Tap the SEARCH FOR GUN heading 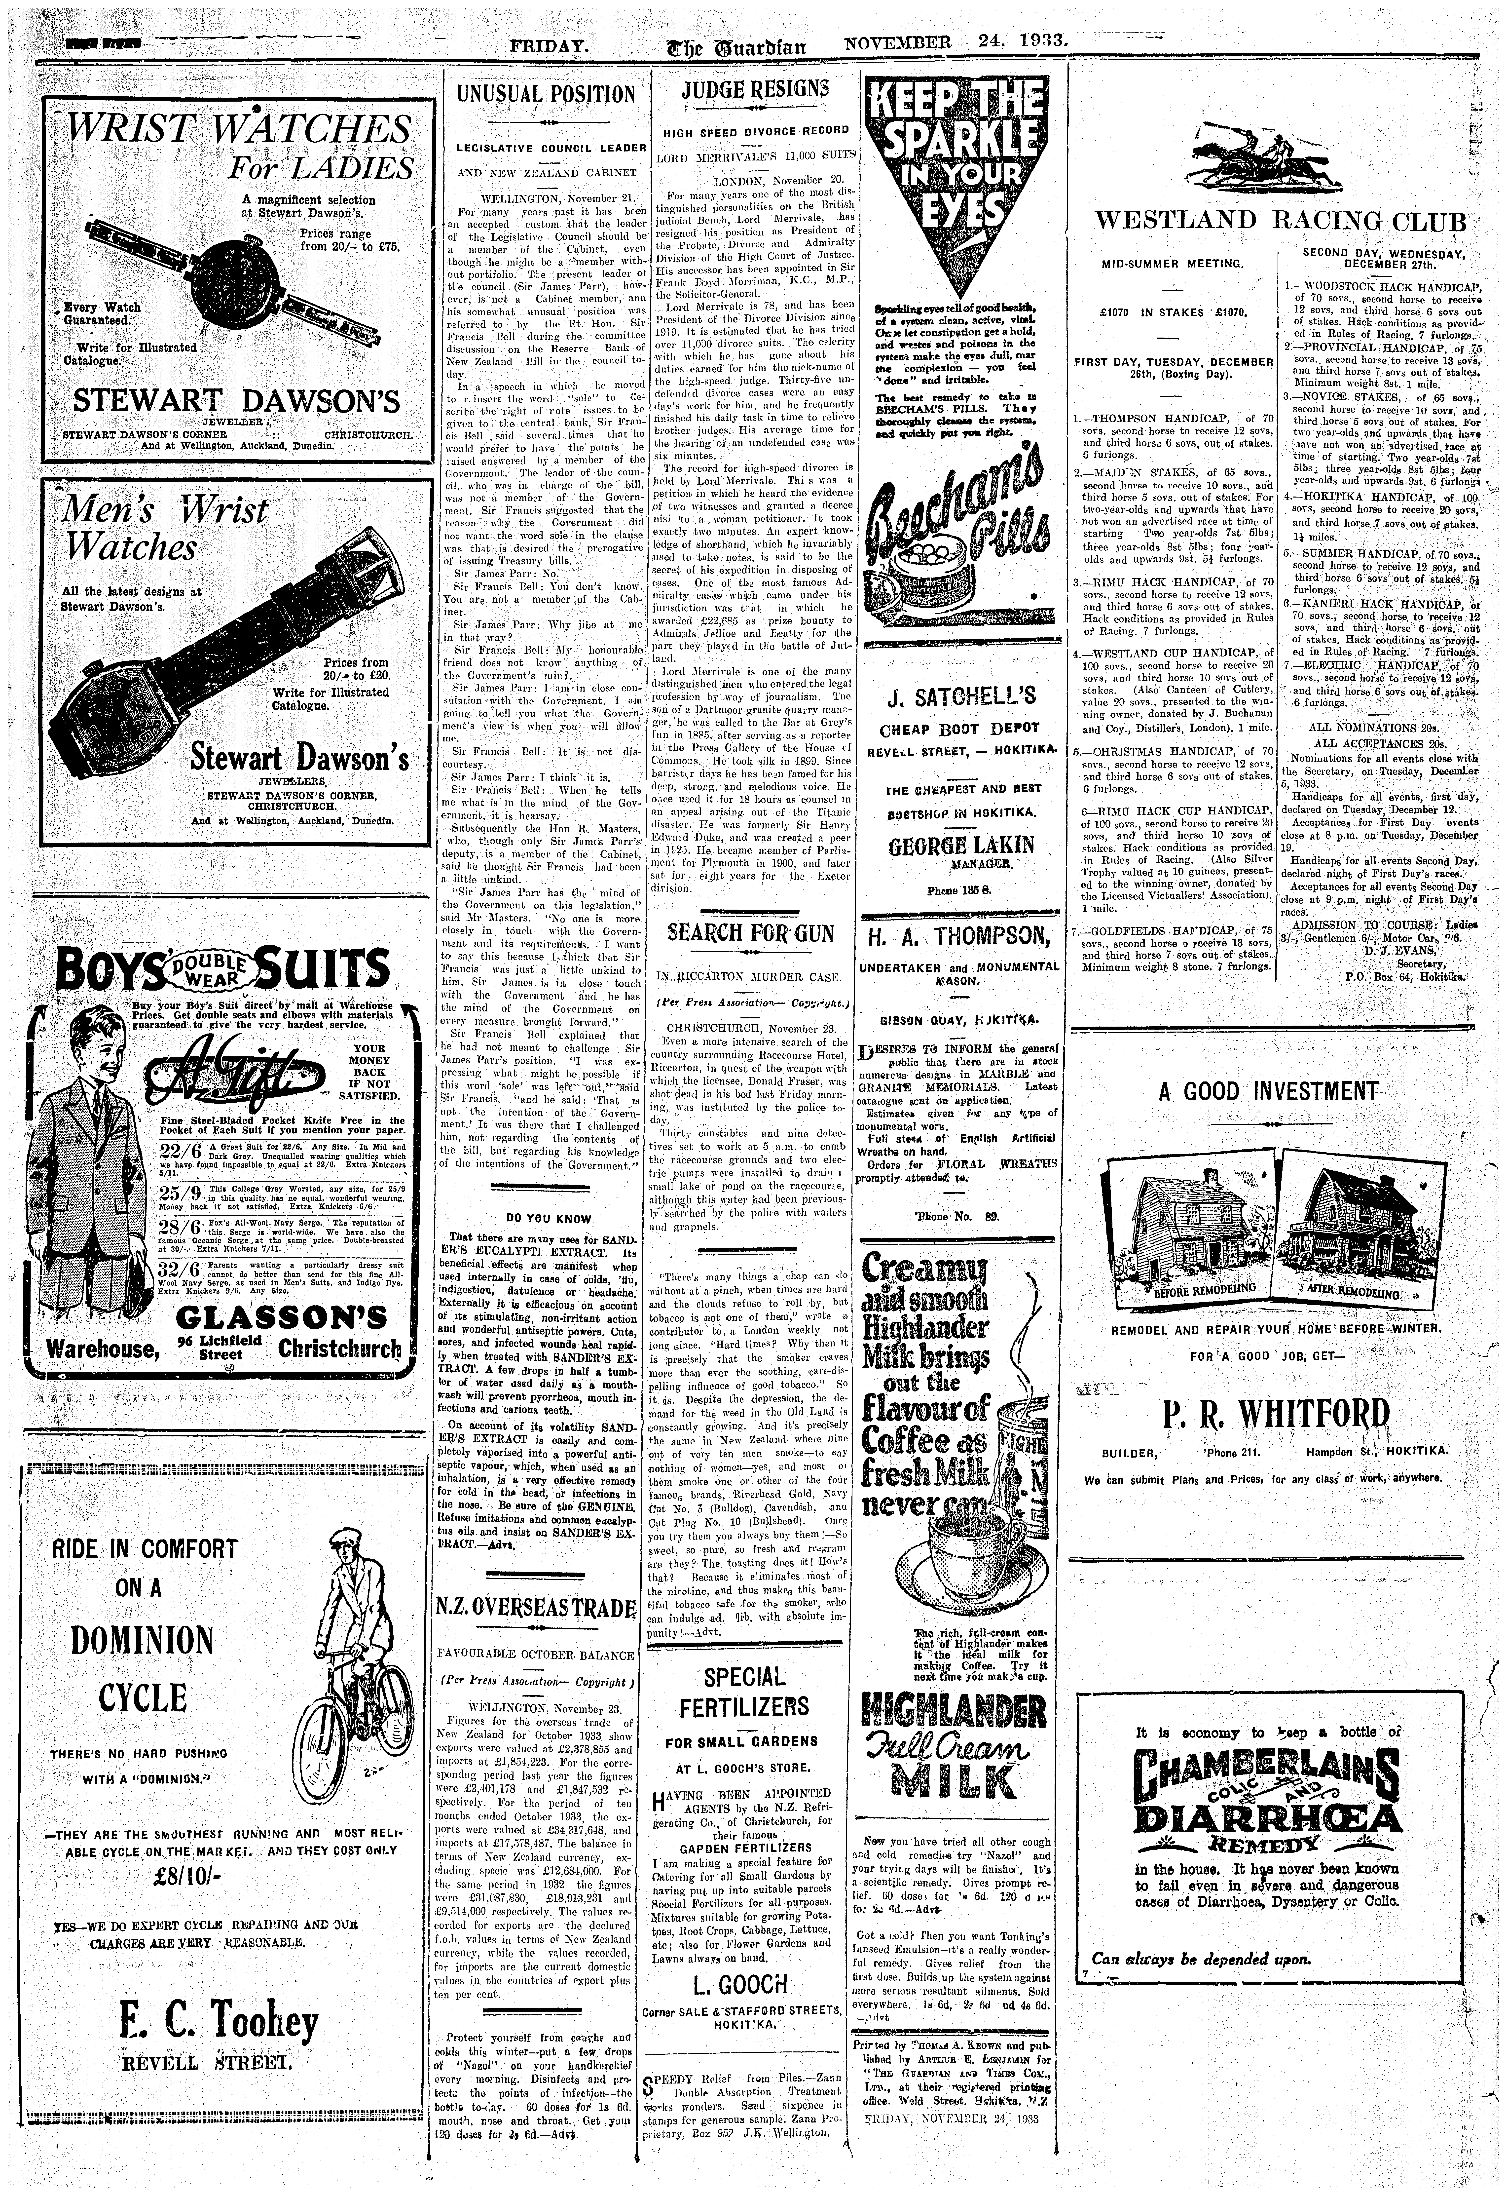(751, 934)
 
